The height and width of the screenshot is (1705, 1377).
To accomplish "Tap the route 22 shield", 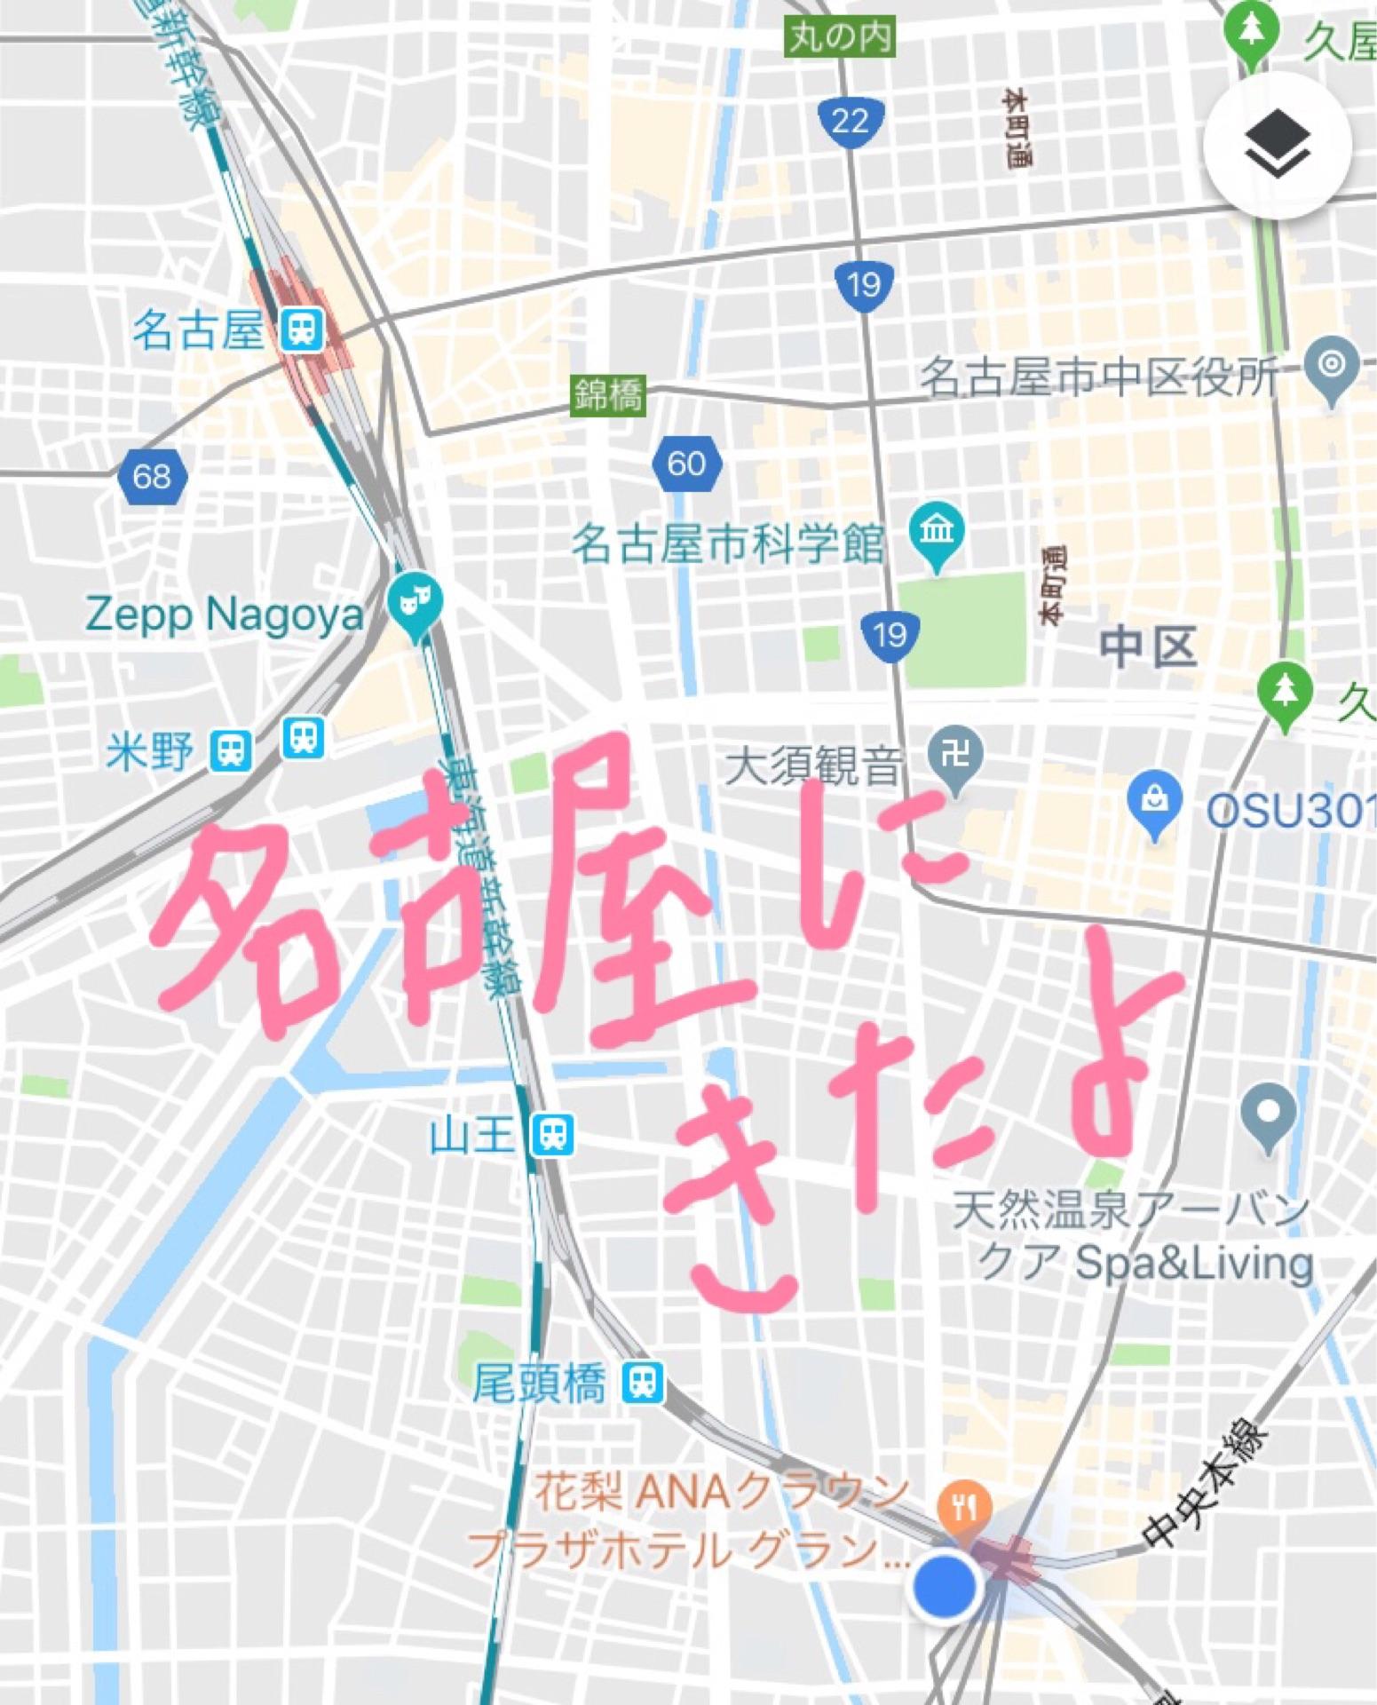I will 851,120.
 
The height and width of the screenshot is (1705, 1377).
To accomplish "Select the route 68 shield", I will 152,476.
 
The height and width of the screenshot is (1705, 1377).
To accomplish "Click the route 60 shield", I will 686,464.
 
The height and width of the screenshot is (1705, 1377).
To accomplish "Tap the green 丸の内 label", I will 840,37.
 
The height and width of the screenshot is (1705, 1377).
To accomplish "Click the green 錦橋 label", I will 608,394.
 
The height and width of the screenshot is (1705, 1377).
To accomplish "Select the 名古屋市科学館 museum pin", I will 937,533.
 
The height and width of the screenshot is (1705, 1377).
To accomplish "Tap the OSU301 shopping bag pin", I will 1154,802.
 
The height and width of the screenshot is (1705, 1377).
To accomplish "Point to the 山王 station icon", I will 552,1135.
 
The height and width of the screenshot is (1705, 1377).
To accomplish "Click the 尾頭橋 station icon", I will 642,1383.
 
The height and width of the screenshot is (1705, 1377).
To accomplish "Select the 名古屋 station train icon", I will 301,330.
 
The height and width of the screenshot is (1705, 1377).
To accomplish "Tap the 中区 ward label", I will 1148,646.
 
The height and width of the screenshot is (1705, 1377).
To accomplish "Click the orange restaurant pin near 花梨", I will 963,1507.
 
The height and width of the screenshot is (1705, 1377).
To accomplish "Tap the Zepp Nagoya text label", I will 225,614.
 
